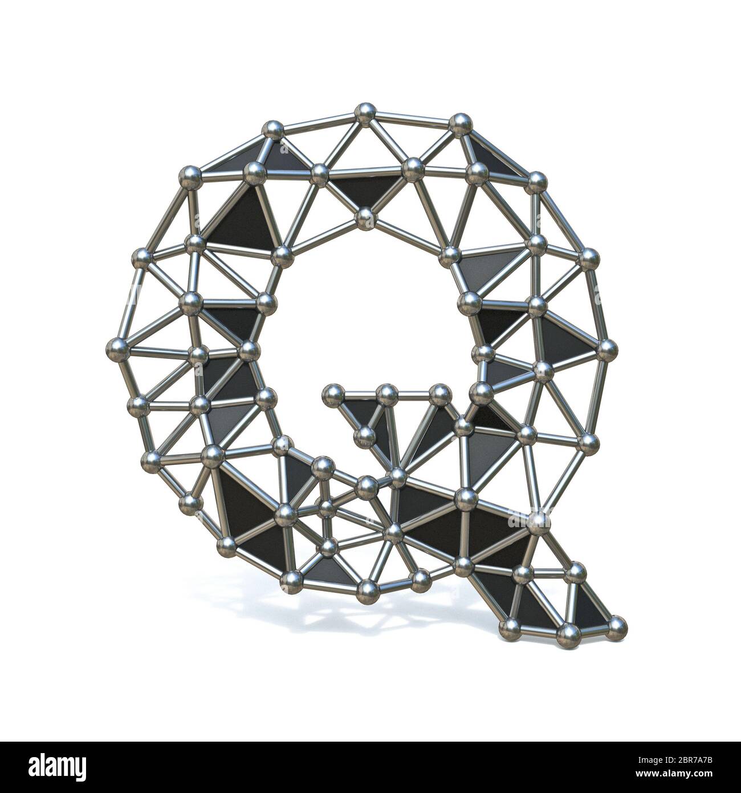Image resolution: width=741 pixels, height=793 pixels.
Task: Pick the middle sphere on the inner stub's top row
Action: point(386,393)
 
